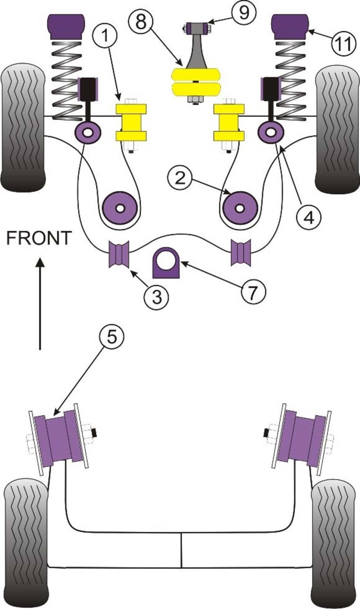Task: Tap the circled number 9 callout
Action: pyautogui.click(x=244, y=13)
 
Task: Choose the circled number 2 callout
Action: pyautogui.click(x=181, y=178)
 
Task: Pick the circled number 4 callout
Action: pyautogui.click(x=309, y=217)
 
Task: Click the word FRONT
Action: pyautogui.click(x=39, y=238)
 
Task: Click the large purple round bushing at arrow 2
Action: pyautogui.click(x=240, y=208)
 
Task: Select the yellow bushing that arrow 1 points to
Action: pyautogui.click(x=131, y=122)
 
